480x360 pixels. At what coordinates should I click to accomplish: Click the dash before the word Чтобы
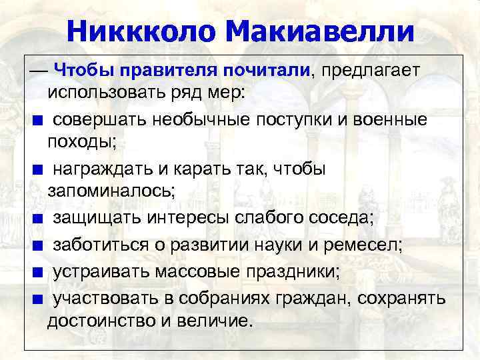[37, 70]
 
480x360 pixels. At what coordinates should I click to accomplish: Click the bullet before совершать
[39, 121]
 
